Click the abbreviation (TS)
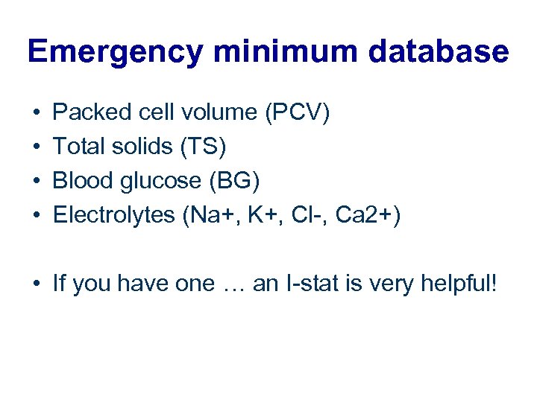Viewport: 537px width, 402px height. (x=202, y=147)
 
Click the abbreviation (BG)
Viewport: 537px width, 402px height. (x=240, y=182)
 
